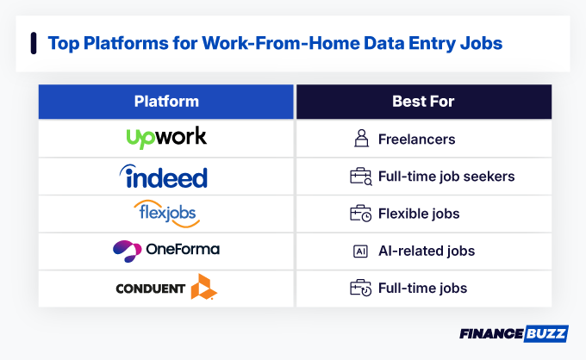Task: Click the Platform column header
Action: pos(166,102)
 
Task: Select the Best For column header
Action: pos(423,102)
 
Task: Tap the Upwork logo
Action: pos(166,138)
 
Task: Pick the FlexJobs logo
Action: pos(166,213)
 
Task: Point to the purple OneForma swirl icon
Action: pos(128,250)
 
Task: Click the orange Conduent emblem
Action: pos(204,287)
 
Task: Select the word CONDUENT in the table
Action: pos(151,289)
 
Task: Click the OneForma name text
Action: pos(182,250)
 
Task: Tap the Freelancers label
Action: pos(416,139)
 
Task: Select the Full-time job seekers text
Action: pos(446,177)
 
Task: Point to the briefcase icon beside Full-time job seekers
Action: pos(360,177)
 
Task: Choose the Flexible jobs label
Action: pos(418,214)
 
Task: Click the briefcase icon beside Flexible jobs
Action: pos(360,214)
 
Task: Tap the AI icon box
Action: pos(360,251)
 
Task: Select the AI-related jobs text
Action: pos(426,251)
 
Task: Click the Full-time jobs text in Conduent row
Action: pos(422,289)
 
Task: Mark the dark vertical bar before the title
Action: pos(34,43)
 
